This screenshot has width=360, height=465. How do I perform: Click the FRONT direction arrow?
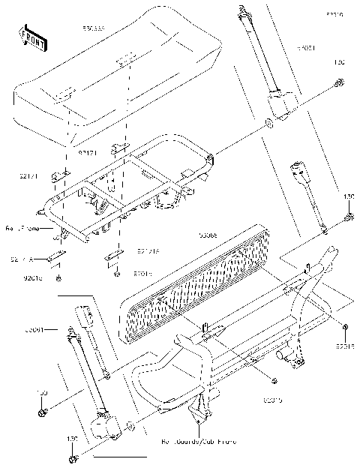[x=28, y=35]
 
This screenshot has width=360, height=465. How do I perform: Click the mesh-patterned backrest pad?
[x=199, y=281]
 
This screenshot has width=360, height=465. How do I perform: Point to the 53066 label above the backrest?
[x=207, y=235]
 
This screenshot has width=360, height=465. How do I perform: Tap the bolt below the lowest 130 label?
[x=73, y=457]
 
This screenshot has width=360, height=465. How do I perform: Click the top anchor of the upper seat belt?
[x=244, y=10]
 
